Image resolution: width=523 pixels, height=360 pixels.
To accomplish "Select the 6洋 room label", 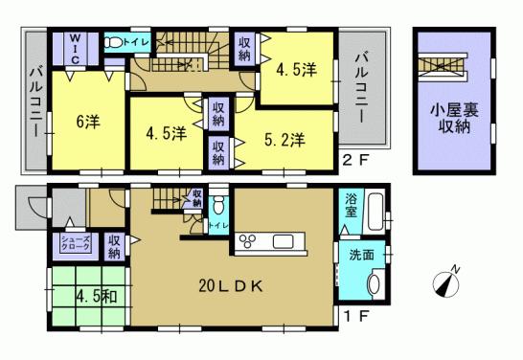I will [x=89, y=123].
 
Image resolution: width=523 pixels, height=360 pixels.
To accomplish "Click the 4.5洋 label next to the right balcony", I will [x=298, y=70].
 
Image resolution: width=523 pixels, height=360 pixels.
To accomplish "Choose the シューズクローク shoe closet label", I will [x=76, y=243].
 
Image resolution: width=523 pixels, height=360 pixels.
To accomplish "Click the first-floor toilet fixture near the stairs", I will [x=218, y=205].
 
